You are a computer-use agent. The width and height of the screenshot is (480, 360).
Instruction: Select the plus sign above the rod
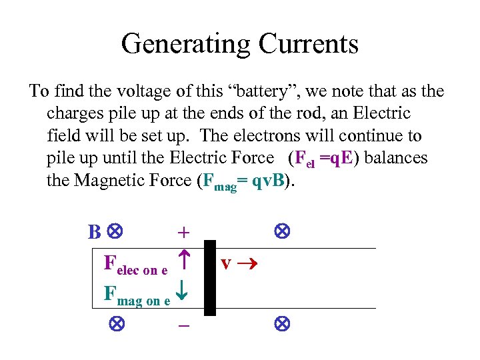point(183,233)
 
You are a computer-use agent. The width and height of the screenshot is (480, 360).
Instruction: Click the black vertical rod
point(210,277)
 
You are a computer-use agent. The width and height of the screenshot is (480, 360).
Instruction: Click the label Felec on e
point(136,265)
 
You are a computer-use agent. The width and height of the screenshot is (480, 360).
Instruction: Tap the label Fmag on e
point(137,295)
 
